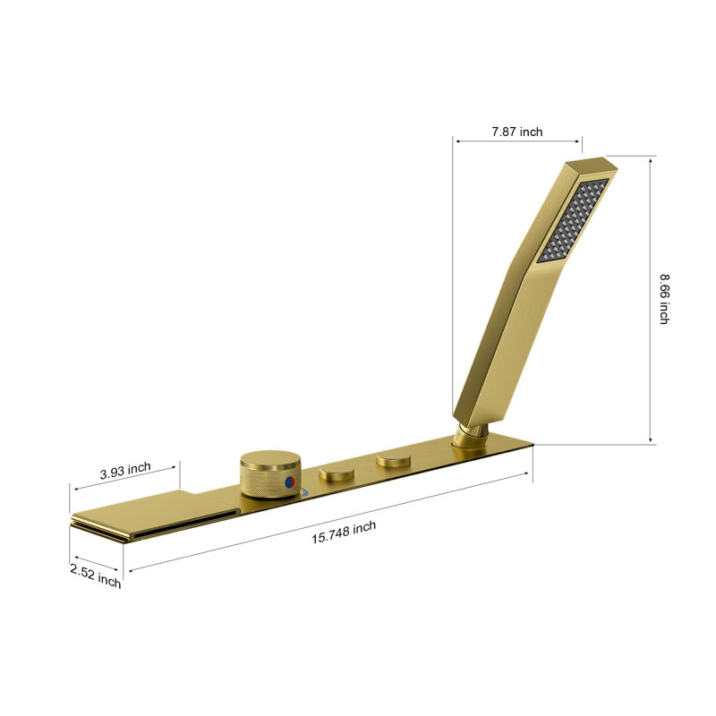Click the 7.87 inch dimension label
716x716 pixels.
516,132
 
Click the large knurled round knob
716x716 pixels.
270,472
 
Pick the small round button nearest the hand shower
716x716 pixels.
393,461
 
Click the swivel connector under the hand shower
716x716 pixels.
469,436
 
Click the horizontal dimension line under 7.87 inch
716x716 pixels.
516,142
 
